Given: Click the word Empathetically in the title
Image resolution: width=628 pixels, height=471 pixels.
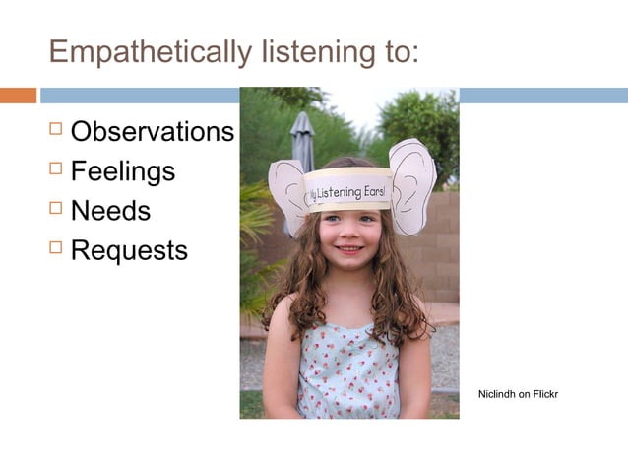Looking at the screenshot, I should click(x=148, y=51).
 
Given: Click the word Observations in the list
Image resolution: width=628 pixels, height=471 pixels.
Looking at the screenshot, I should click(x=152, y=132).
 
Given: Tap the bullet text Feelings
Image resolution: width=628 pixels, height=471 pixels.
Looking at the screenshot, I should click(x=122, y=171).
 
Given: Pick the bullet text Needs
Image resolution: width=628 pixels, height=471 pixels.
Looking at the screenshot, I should click(x=110, y=211).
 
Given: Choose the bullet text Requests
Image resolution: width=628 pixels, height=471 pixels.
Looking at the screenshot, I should click(x=128, y=250).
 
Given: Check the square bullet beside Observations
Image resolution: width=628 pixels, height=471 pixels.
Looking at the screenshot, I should click(x=55, y=129).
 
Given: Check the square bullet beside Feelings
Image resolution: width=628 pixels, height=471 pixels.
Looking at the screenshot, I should click(x=55, y=168).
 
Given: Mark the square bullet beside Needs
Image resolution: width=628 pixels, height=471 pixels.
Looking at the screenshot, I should click(x=55, y=208).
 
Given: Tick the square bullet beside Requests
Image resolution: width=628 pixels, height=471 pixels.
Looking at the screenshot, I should click(x=55, y=247).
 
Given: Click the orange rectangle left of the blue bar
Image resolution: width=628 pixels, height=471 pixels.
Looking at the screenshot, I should click(x=18, y=96).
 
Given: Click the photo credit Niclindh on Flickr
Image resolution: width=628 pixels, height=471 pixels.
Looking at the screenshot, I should click(x=518, y=395).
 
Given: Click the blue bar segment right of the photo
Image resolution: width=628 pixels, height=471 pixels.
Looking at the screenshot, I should click(x=542, y=96).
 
